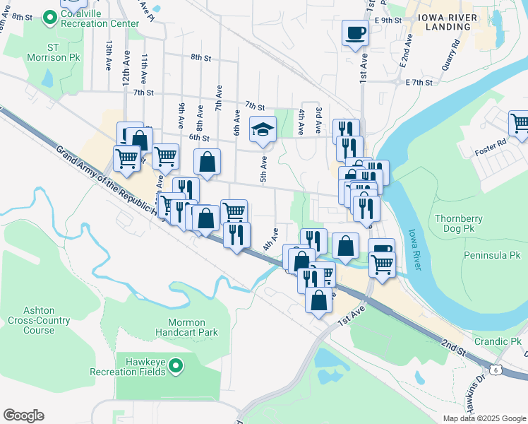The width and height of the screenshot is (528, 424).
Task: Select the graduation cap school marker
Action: point(263,129)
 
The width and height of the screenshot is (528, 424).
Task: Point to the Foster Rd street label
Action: point(491,150)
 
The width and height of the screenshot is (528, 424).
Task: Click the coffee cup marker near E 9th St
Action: point(355,33)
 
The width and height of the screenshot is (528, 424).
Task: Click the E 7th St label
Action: point(419,83)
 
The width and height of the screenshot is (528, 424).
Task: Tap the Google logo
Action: point(23,416)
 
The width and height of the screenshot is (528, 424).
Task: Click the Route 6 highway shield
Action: point(496,370)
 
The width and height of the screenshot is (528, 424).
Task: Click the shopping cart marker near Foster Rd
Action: point(519,124)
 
